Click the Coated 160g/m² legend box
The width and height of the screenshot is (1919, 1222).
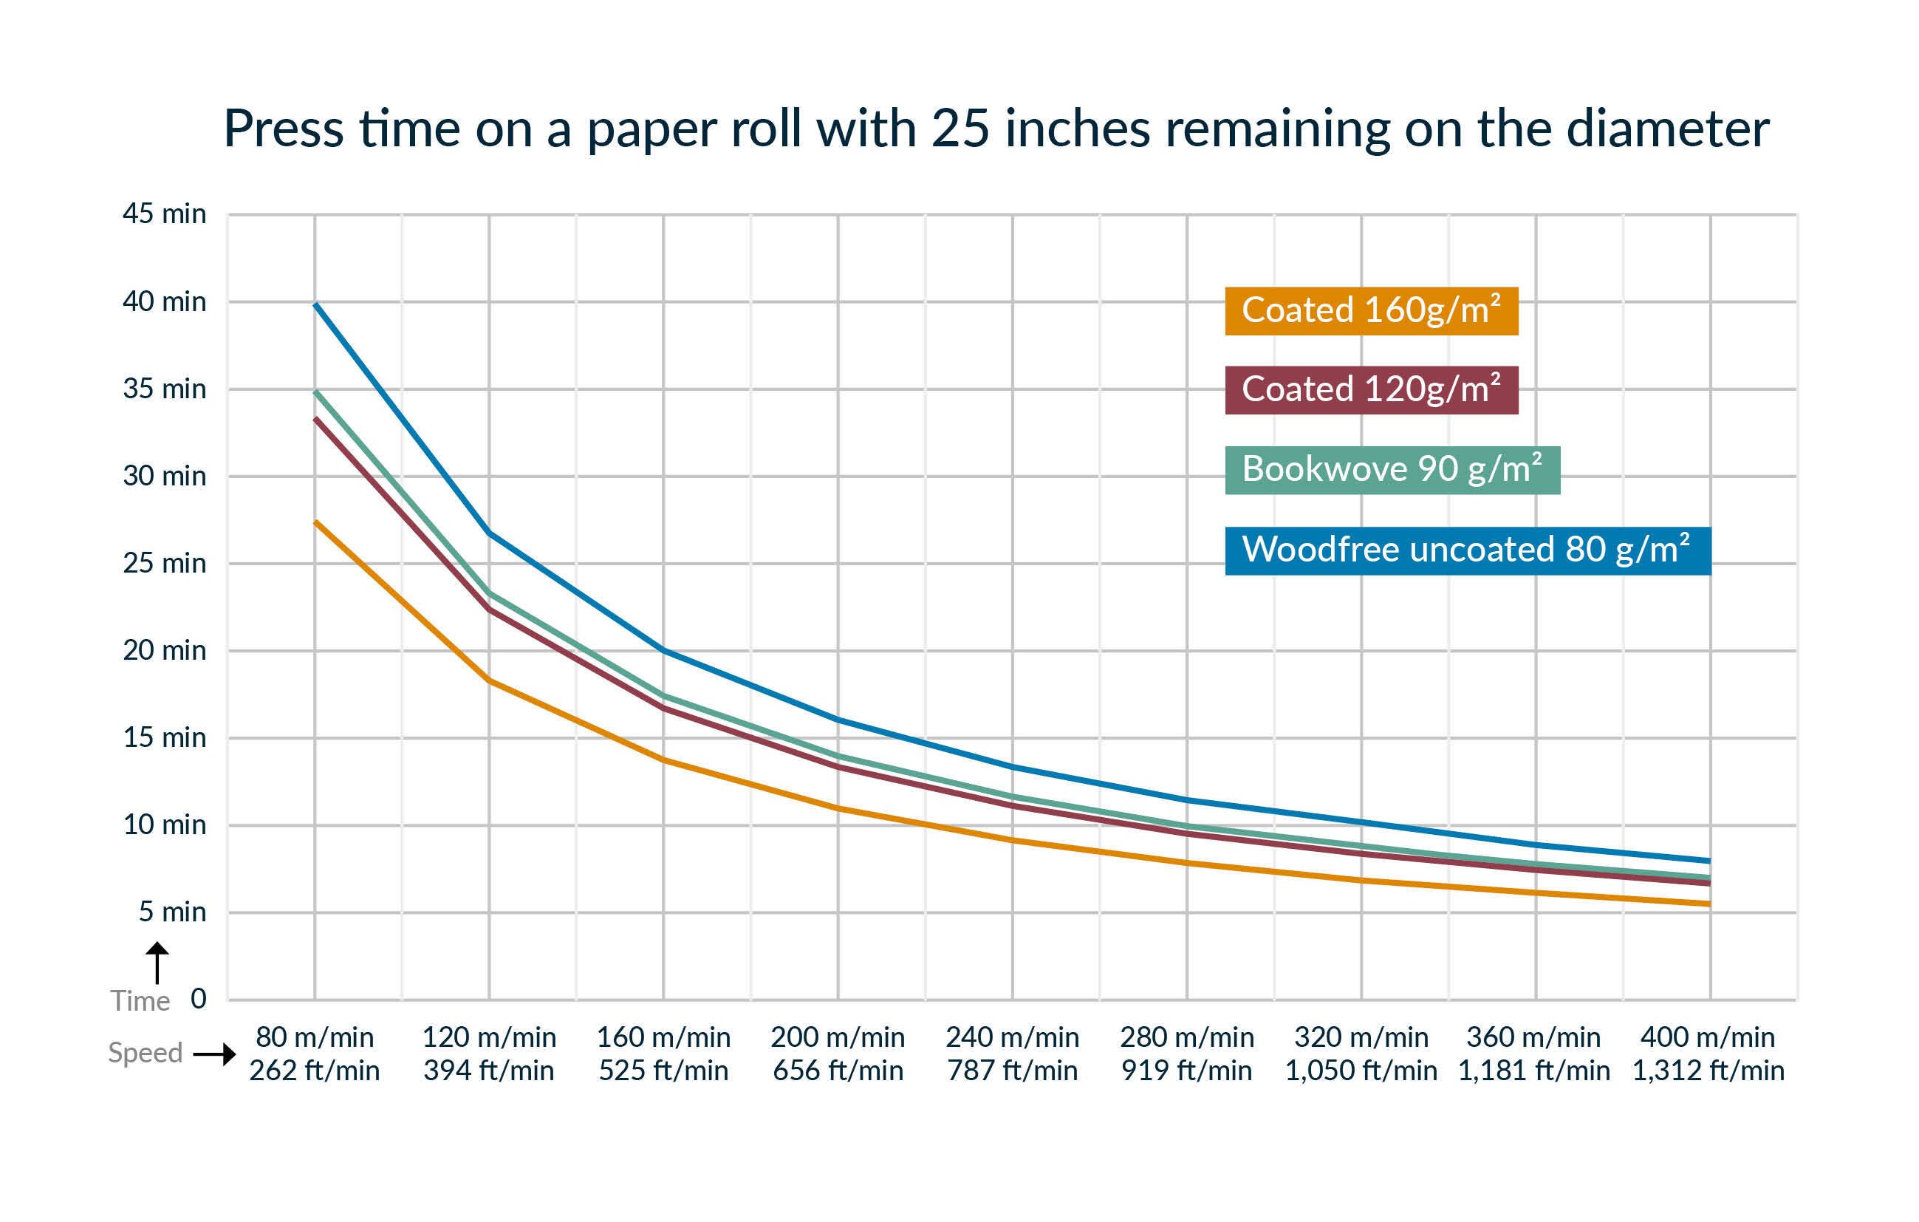pyautogui.click(x=1371, y=311)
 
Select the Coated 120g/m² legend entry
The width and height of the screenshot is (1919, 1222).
pyautogui.click(x=1371, y=390)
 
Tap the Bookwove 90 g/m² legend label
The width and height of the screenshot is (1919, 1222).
pyautogui.click(x=1392, y=469)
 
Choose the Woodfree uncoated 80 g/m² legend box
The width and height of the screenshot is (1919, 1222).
pyautogui.click(x=1467, y=550)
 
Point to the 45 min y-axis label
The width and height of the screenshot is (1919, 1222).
pyautogui.click(x=164, y=214)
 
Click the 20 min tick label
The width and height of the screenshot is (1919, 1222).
pyautogui.click(x=164, y=650)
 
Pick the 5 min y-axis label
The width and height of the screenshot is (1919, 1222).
pyautogui.click(x=172, y=912)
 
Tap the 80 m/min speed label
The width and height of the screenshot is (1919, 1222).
pyautogui.click(x=314, y=1037)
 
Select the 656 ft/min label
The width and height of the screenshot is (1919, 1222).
pyautogui.click(x=838, y=1071)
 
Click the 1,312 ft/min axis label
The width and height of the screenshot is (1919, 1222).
pyautogui.click(x=1708, y=1071)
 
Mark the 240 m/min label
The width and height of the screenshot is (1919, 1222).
pyautogui.click(x=1012, y=1037)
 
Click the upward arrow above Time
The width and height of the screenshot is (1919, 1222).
pyautogui.click(x=157, y=962)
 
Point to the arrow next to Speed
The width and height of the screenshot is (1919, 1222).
pyautogui.click(x=215, y=1054)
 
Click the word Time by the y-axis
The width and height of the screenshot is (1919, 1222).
pyautogui.click(x=140, y=1001)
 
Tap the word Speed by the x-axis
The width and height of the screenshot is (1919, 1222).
pyautogui.click(x=145, y=1053)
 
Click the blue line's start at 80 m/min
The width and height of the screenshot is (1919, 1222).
pyautogui.click(x=315, y=304)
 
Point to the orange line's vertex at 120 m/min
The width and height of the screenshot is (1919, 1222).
pyautogui.click(x=488, y=680)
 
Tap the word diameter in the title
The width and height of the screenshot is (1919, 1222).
pyautogui.click(x=1667, y=129)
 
